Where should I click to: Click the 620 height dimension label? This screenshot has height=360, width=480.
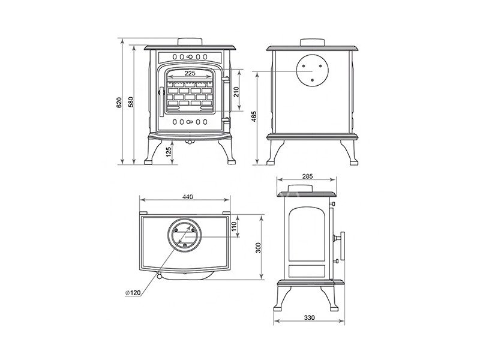pyautogui.click(x=119, y=102)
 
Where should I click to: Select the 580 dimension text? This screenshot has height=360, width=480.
pyautogui.click(x=131, y=102)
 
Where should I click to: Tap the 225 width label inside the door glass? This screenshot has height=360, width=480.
pyautogui.click(x=190, y=73)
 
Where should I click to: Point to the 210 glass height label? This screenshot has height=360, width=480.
pyautogui.click(x=236, y=92)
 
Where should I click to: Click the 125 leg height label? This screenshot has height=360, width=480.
pyautogui.click(x=169, y=152)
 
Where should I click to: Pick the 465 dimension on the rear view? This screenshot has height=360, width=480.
pyautogui.click(x=254, y=116)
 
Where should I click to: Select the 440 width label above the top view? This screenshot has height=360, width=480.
pyautogui.click(x=188, y=197)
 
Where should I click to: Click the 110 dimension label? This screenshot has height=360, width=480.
pyautogui.click(x=234, y=226)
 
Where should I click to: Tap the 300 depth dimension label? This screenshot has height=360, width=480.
pyautogui.click(x=259, y=248)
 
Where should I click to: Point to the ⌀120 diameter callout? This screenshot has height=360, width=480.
pyautogui.click(x=133, y=293)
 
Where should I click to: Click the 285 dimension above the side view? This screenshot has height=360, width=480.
pyautogui.click(x=307, y=176)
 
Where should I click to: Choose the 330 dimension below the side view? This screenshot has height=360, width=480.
pyautogui.click(x=309, y=318)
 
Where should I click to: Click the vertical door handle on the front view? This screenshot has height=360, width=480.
pyautogui.click(x=161, y=101)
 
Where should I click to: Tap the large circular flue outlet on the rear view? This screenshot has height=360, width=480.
pyautogui.click(x=312, y=70)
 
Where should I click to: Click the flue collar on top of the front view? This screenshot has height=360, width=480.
pyautogui.click(x=190, y=42)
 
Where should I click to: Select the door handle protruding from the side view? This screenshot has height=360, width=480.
pyautogui.click(x=340, y=245)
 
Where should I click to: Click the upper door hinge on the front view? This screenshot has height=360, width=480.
pyautogui.click(x=226, y=80)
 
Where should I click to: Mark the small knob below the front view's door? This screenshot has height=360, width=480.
pyautogui.click(x=190, y=142)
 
